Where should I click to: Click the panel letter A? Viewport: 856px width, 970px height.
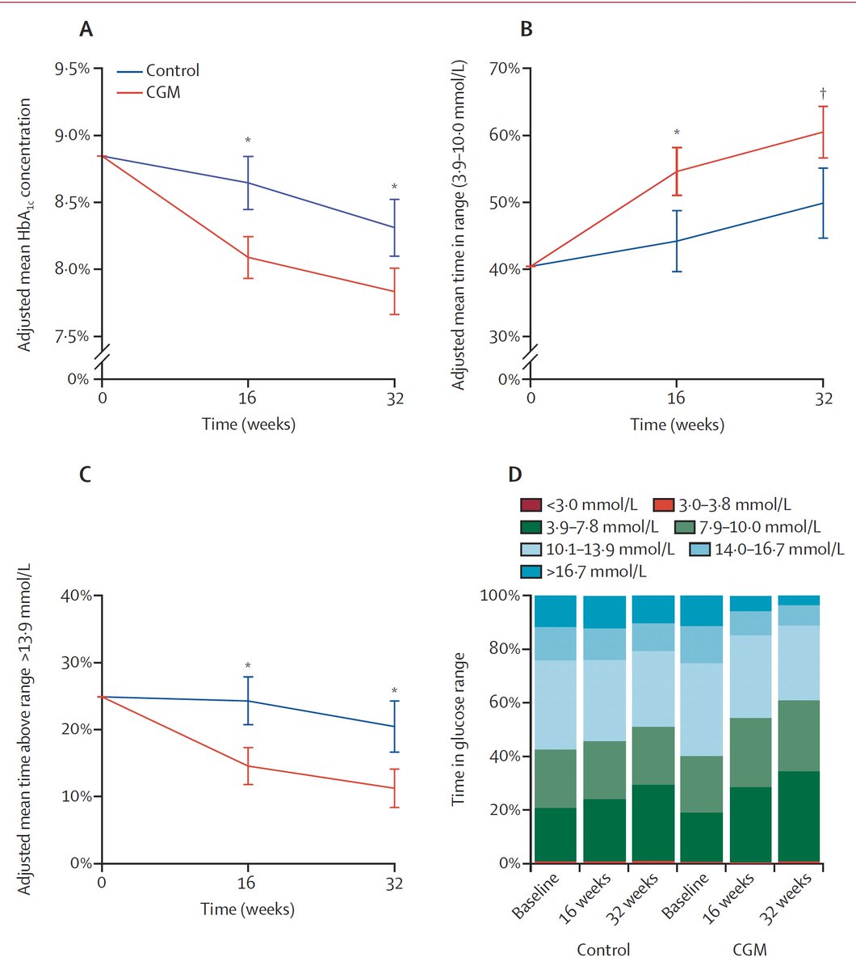[86, 29]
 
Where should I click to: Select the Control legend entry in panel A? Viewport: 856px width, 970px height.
[158, 70]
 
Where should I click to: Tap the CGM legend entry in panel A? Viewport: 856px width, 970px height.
[149, 92]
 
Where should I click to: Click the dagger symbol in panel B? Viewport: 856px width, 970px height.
[823, 91]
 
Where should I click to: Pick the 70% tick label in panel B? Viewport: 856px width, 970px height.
[505, 69]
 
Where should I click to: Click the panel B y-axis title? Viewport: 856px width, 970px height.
[459, 225]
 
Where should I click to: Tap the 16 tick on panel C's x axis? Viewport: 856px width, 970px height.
[246, 883]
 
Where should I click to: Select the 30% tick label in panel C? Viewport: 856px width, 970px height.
[77, 663]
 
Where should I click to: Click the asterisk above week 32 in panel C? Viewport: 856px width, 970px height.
[394, 691]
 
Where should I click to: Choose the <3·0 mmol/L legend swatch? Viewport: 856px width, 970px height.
[531, 504]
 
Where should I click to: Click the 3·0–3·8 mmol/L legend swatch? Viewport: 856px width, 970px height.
[663, 504]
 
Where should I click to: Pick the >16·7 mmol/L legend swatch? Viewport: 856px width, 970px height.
[531, 571]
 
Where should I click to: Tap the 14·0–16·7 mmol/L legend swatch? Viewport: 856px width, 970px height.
[699, 549]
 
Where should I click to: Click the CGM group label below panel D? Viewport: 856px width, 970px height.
[749, 950]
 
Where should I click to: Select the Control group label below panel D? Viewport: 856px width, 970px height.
[603, 950]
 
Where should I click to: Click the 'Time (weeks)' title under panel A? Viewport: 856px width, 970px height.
[249, 424]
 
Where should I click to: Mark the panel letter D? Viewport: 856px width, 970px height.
[515, 474]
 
